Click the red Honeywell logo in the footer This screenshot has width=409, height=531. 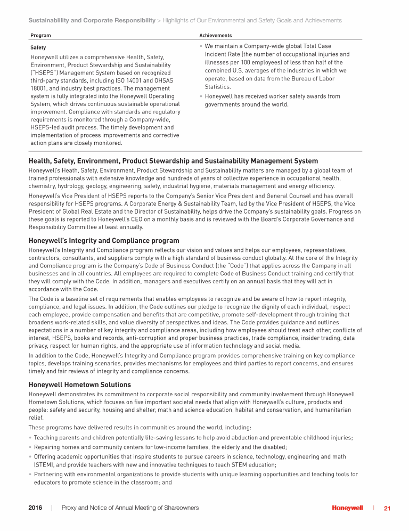pyautogui.click(x=347, y=508)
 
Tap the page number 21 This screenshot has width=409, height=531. pyautogui.click(x=388, y=508)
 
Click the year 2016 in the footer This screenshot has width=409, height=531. pyautogui.click(x=35, y=508)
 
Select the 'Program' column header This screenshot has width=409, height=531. pyautogui.click(x=41, y=35)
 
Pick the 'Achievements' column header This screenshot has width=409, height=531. pyautogui.click(x=216, y=35)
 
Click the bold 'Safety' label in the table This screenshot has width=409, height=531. pyautogui.click(x=38, y=48)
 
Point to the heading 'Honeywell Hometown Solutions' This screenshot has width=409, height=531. pyautogui.click(x=79, y=385)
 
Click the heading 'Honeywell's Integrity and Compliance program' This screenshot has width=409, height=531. pyautogui.click(x=104, y=241)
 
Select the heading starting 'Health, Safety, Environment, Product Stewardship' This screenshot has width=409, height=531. pyautogui.click(x=173, y=161)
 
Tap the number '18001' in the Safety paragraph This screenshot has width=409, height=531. pyautogui.click(x=39, y=88)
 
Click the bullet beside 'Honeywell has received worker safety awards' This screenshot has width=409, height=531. pyautogui.click(x=201, y=96)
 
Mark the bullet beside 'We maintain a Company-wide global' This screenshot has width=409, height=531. pyautogui.click(x=201, y=46)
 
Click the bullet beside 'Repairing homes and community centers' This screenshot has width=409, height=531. pyautogui.click(x=30, y=447)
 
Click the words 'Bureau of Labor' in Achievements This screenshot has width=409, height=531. pyautogui.click(x=314, y=78)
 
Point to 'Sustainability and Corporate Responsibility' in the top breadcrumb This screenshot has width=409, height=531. pyautogui.click(x=92, y=20)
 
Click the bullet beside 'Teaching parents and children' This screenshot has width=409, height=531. pyautogui.click(x=30, y=437)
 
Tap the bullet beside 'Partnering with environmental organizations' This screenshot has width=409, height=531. pyautogui.click(x=30, y=474)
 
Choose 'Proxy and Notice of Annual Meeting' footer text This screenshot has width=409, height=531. pyautogui.click(x=130, y=508)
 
